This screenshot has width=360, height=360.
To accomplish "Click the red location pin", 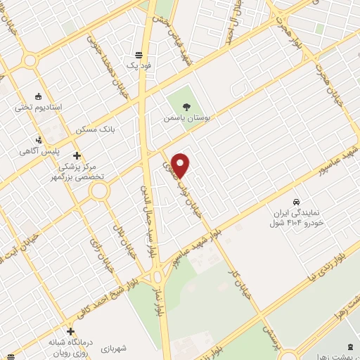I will pos(181,164).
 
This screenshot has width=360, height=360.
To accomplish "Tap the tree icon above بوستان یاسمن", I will pos(186,106).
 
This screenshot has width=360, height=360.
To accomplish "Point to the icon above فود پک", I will pos(140,53).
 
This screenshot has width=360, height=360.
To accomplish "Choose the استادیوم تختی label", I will pos(39,107).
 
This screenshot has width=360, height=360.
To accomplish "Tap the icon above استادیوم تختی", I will pos(38,96).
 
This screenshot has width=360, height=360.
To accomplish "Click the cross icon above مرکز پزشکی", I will pos(77,155).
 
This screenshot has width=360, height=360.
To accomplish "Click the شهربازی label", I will pos(112,348).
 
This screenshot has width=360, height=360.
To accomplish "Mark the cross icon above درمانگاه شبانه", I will pos(70,330).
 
